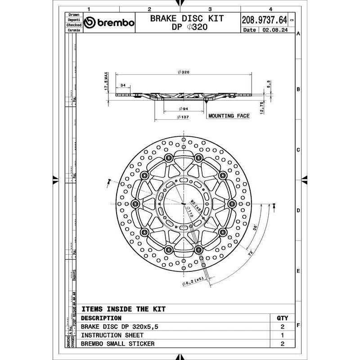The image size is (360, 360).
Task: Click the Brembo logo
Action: [x=109, y=23]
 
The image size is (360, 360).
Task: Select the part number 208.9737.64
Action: [x=264, y=20]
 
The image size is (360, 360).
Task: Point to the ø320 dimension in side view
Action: [x=183, y=72]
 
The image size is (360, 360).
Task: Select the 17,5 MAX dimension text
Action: [x=107, y=81]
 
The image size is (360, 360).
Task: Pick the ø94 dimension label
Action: [x=183, y=109]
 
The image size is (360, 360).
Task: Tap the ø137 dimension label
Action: [x=183, y=118]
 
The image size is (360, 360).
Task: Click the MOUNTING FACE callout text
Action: [x=229, y=116]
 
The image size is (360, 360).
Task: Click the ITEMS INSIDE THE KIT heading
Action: [x=123, y=309]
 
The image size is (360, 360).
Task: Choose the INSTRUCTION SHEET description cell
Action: [x=112, y=335]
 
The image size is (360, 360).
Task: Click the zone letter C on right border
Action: [x=298, y=150]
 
